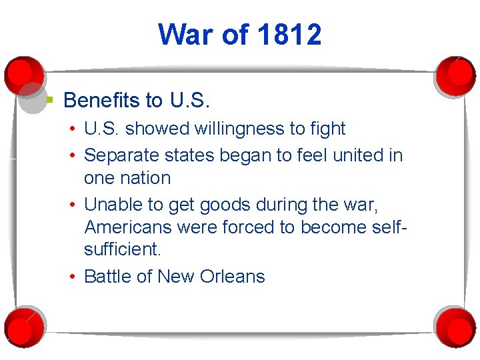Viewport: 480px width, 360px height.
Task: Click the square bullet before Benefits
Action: [x=49, y=100]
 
